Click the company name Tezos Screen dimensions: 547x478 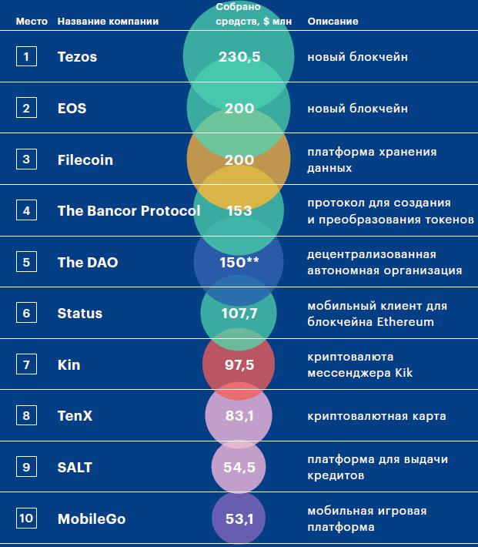coord(77,57)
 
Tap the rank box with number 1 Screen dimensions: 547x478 coord(26,56)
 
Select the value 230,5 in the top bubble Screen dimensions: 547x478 coord(239,57)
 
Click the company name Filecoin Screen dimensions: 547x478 coord(85,159)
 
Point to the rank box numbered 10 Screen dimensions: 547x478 coord(26,518)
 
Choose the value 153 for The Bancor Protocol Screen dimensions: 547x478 coord(239,211)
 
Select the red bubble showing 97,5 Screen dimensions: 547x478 coord(239,364)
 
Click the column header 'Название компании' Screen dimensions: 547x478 coord(108,22)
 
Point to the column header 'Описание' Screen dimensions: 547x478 coord(333,22)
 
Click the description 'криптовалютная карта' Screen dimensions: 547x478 coord(376,416)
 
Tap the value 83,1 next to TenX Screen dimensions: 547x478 coord(239,416)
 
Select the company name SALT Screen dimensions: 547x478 coord(75,468)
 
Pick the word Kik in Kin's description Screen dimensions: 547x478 coord(403,373)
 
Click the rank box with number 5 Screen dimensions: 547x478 coord(26,262)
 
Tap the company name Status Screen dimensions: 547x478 coord(79,314)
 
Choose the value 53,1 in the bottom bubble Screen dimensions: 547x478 coord(239,518)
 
